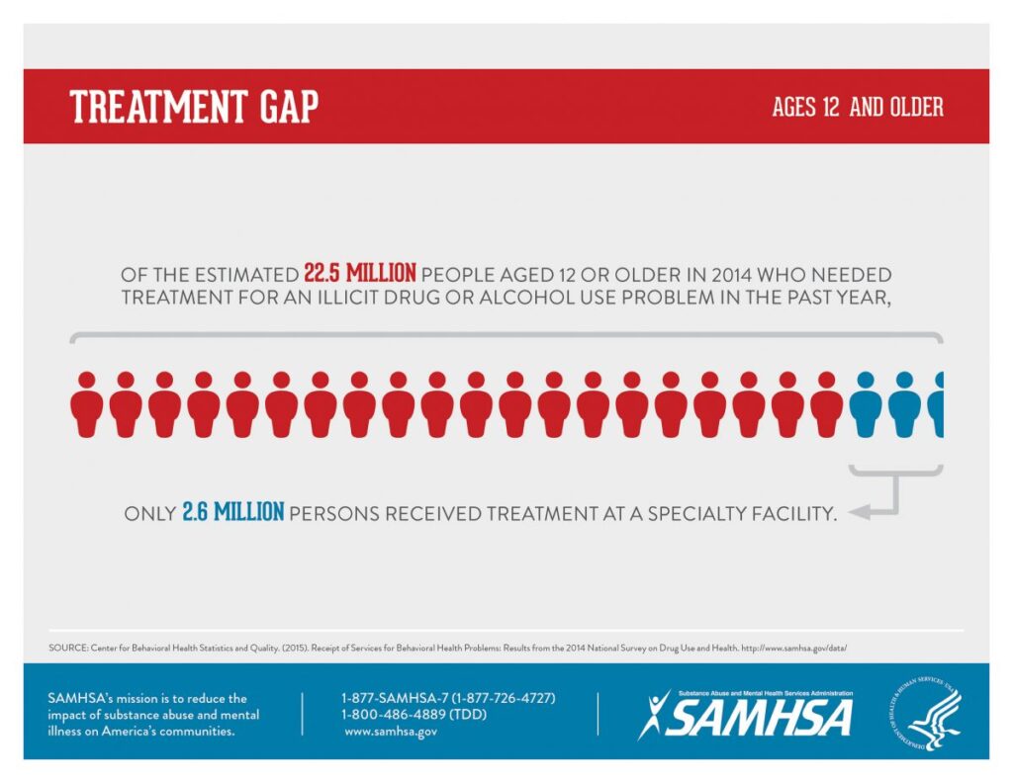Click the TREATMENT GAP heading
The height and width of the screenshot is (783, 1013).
click(x=194, y=107)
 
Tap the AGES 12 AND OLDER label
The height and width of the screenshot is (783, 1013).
click(x=857, y=107)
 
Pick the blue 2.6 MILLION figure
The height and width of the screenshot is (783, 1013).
click(x=233, y=512)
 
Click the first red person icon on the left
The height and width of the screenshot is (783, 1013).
click(x=87, y=404)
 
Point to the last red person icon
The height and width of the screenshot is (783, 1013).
click(x=826, y=404)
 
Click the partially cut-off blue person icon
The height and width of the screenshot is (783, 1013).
click(x=937, y=404)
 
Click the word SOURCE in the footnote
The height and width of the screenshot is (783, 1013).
click(x=64, y=649)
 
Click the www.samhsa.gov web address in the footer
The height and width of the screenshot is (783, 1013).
click(x=391, y=732)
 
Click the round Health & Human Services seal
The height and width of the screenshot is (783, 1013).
click(x=924, y=713)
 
